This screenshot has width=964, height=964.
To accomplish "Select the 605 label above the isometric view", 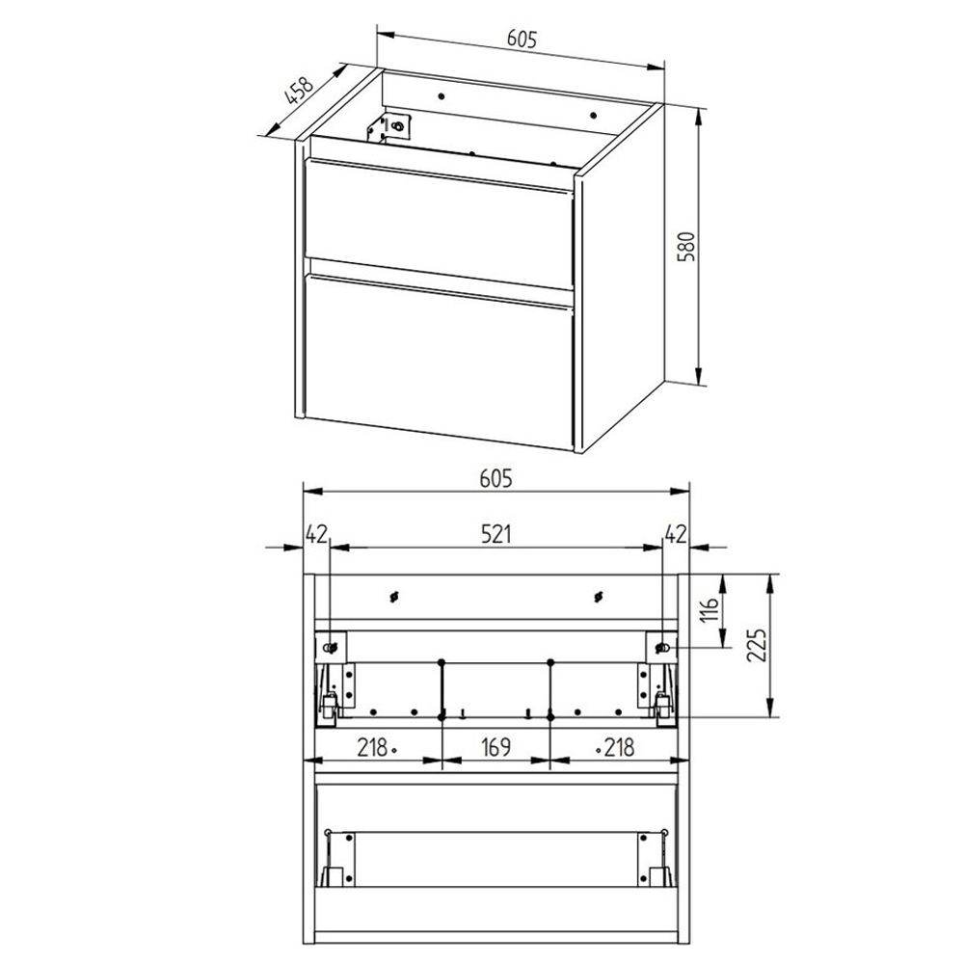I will click(x=520, y=39).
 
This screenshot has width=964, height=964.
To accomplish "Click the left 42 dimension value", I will click(x=316, y=532).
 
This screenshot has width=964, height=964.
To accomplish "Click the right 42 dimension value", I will click(x=675, y=532).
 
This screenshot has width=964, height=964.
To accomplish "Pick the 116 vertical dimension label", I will click(x=710, y=609).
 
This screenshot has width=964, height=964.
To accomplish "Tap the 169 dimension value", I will click(x=495, y=746).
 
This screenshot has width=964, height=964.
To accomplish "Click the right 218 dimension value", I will click(x=618, y=746).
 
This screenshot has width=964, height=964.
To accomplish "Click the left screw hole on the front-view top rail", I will click(x=393, y=597).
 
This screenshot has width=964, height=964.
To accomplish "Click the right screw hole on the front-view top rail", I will click(x=599, y=597).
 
